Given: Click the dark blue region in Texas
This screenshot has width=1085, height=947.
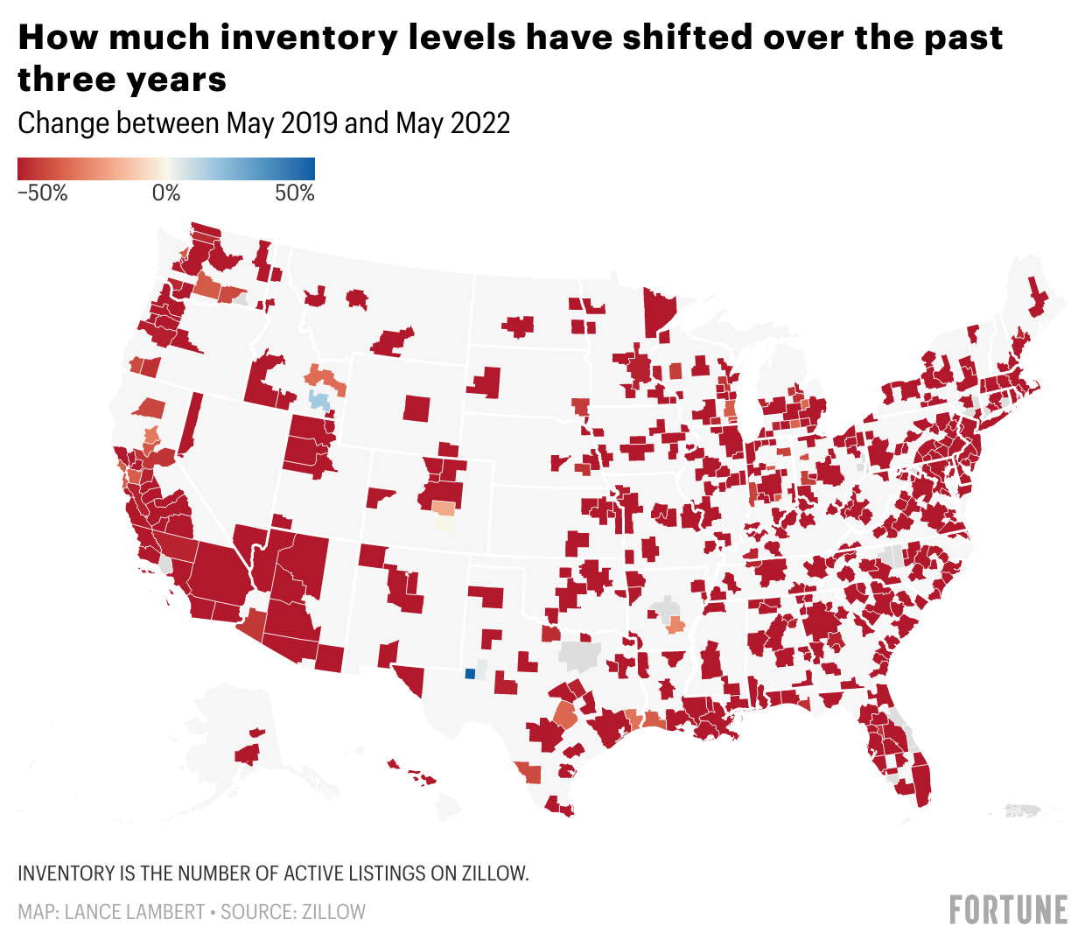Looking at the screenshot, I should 470,673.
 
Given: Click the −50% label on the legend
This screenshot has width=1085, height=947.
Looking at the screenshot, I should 42,193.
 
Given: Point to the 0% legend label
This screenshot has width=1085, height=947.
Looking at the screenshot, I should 166,193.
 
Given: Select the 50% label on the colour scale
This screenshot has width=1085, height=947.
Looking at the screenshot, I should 295,193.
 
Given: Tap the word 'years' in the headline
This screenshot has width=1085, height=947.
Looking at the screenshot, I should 175,80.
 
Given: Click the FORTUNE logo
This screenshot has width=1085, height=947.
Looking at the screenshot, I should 1008,910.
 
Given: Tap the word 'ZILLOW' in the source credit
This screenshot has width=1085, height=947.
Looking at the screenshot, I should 334,912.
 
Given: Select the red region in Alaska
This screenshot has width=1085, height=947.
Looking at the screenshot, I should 247,752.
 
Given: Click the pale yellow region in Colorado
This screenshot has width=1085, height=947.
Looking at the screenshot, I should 446,523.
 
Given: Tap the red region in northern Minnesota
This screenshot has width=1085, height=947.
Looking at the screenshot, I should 659,312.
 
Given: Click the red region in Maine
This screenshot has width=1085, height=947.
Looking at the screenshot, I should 1038,298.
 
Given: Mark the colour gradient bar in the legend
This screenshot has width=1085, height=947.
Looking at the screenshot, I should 166,169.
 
